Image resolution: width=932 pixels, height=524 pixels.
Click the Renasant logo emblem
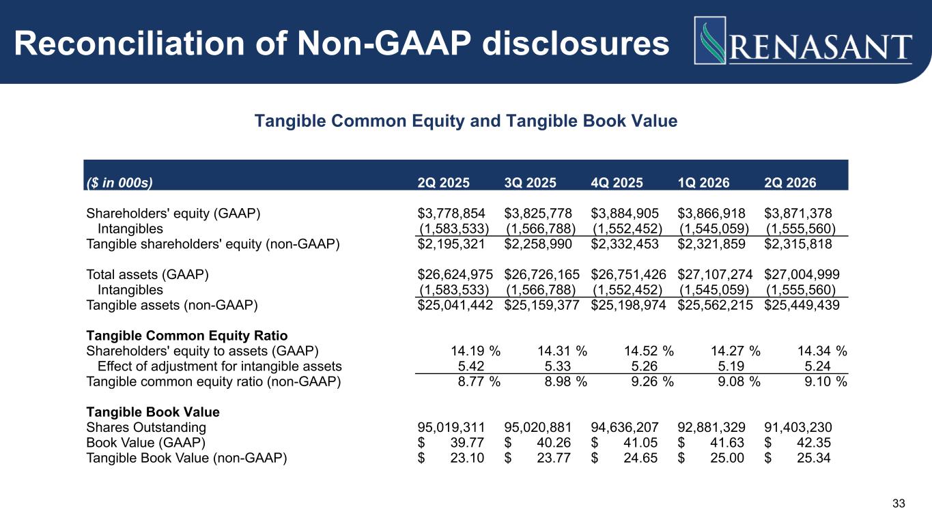[x=710, y=40]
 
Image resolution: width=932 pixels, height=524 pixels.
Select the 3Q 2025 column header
[x=530, y=183]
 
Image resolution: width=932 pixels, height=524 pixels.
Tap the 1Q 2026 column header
[x=703, y=183]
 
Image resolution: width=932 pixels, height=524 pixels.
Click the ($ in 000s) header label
[x=119, y=183]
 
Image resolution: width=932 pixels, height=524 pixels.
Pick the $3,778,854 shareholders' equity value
[x=451, y=214]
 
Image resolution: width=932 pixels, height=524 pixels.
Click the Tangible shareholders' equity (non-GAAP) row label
[x=213, y=244]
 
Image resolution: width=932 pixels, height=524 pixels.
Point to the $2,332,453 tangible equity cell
[x=625, y=244]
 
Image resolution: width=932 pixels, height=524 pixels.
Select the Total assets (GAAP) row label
[x=147, y=274]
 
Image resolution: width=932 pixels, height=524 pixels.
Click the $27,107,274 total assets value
[x=715, y=274]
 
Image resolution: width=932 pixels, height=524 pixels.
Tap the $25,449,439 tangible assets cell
[x=802, y=305]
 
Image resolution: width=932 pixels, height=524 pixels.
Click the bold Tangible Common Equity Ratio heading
[x=187, y=336]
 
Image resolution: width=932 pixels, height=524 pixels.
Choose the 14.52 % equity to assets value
[x=649, y=351]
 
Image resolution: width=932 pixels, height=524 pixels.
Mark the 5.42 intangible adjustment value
[x=471, y=366]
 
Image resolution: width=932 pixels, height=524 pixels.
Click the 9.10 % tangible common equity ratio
[x=825, y=382]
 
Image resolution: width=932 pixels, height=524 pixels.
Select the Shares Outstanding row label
[x=146, y=428]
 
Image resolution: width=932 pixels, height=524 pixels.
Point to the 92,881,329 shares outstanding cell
[x=711, y=428]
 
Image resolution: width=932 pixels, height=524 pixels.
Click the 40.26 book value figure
[x=554, y=443]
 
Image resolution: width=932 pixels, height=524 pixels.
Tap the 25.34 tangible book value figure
[x=814, y=458]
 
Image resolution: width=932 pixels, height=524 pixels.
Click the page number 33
[x=899, y=504]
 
